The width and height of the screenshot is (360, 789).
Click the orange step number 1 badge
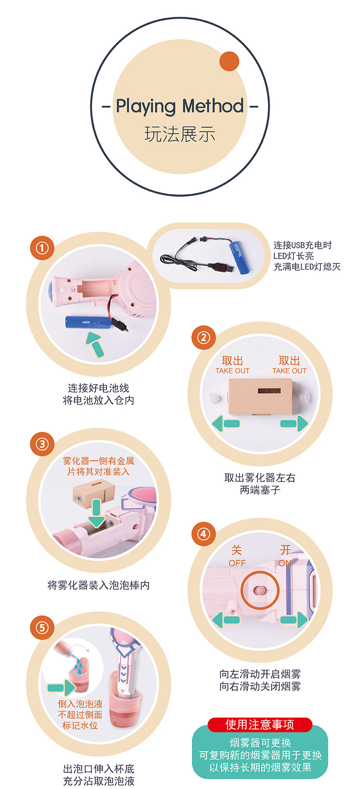[x=42, y=248]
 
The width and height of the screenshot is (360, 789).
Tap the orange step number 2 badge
[x=203, y=338]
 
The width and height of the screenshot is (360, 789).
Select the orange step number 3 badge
[x=42, y=444]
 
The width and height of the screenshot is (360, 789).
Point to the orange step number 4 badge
[x=203, y=534]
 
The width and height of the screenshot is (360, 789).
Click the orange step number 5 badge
[x=42, y=628]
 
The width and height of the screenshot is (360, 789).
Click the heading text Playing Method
[x=180, y=106]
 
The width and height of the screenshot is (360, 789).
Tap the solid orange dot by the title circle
[x=229, y=61]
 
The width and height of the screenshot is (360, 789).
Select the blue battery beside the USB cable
[x=241, y=258]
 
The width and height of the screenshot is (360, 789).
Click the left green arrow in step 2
[x=226, y=423]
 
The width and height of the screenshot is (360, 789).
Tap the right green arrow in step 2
[x=294, y=423]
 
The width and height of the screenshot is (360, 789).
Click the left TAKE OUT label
[x=232, y=371]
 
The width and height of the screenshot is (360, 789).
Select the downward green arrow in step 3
[x=96, y=513]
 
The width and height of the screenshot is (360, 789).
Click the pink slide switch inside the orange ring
[x=258, y=591]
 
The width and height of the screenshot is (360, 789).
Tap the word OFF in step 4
[x=237, y=564]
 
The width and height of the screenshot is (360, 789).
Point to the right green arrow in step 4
[x=294, y=620]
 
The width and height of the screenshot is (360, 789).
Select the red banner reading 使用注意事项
[x=260, y=724]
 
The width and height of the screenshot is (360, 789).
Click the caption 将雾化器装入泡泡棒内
[x=98, y=585]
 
